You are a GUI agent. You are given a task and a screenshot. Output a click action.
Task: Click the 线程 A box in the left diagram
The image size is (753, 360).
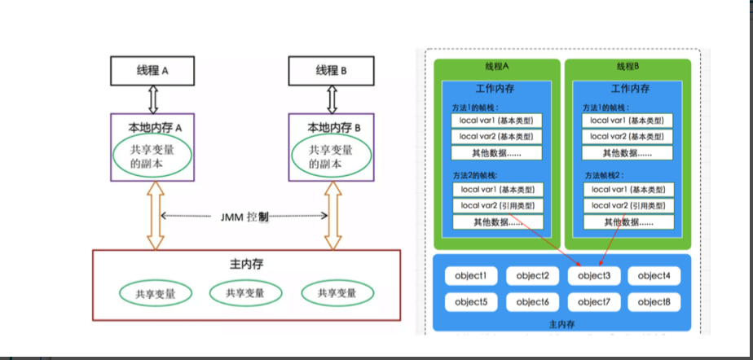pyautogui.click(x=153, y=71)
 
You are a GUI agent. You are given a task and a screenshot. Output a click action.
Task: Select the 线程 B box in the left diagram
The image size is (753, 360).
pyautogui.click(x=332, y=71)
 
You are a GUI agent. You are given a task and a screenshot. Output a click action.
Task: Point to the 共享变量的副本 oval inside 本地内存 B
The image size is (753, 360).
pyautogui.click(x=331, y=156)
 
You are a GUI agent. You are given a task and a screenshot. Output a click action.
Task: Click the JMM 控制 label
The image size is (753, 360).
pyautogui.click(x=244, y=217)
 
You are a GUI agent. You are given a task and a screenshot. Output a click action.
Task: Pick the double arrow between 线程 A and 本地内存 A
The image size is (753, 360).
pyautogui.click(x=153, y=99)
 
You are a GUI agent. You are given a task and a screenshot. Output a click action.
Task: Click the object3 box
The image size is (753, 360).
pyautogui.click(x=594, y=276)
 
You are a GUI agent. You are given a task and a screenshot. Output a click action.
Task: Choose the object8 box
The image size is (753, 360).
pyautogui.click(x=654, y=302)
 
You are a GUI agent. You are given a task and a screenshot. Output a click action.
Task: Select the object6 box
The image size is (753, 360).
pyautogui.click(x=533, y=302)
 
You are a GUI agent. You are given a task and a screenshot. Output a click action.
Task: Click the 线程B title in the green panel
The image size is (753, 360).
pyautogui.click(x=627, y=67)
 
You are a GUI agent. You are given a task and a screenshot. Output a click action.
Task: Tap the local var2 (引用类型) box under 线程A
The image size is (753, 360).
pyautogui.click(x=497, y=205)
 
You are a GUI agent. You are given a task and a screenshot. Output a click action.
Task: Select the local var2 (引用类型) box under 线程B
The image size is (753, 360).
pyautogui.click(x=629, y=205)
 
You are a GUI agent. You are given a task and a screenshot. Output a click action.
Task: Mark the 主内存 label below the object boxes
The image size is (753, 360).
pyautogui.click(x=562, y=324)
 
